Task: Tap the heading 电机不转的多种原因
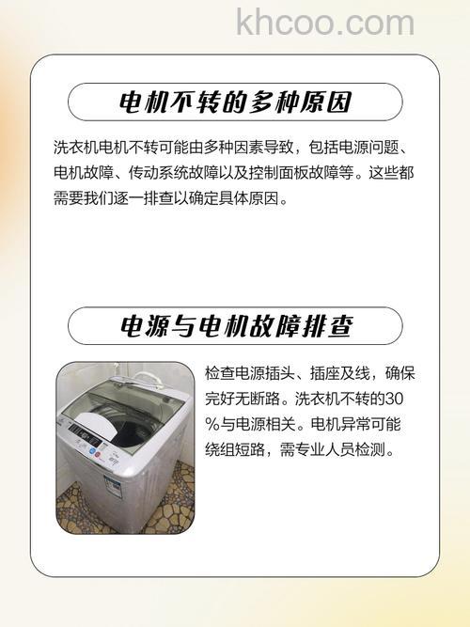235,102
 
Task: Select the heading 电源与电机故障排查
235,326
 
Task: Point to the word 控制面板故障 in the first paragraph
302,174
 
